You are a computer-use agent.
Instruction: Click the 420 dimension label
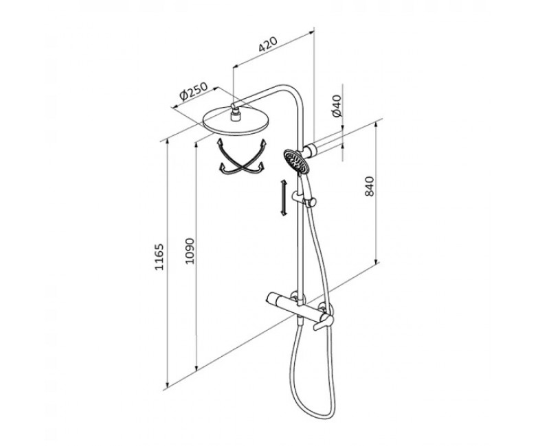(267, 45)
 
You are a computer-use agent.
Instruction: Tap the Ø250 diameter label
(193, 91)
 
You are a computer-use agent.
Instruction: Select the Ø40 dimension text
(337, 106)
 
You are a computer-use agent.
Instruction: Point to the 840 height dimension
(370, 187)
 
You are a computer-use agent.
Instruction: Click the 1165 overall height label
(159, 257)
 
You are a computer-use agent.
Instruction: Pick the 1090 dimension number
(190, 251)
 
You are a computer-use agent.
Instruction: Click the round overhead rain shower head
(236, 121)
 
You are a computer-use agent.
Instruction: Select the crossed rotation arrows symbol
(242, 157)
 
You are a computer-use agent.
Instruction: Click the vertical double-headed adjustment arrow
(283, 198)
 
